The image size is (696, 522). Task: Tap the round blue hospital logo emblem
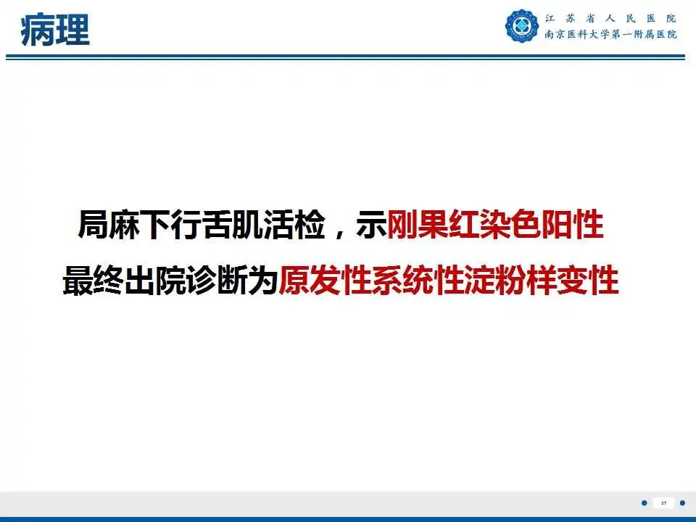522,27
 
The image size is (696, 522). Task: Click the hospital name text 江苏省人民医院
610,19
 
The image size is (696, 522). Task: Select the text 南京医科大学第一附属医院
610,35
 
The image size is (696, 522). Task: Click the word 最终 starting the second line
86,281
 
